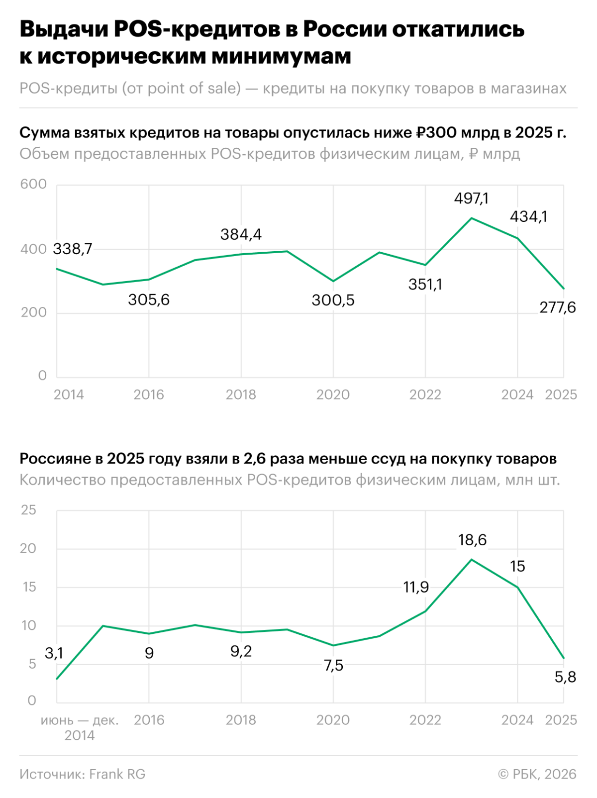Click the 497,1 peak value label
(471, 199)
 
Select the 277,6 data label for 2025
(557, 308)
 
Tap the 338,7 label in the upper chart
(73, 249)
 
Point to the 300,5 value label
(333, 300)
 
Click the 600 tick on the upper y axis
(33, 184)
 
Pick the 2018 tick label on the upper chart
(241, 395)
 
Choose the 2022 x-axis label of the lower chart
(425, 720)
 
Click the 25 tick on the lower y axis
(28, 510)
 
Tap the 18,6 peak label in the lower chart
(472, 540)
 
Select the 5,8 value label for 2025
(565, 677)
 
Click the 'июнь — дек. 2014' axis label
(80, 727)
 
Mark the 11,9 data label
(416, 588)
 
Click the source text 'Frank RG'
(117, 774)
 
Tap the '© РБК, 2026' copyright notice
(537, 774)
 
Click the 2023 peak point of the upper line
(471, 218)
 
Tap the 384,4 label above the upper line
(241, 234)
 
